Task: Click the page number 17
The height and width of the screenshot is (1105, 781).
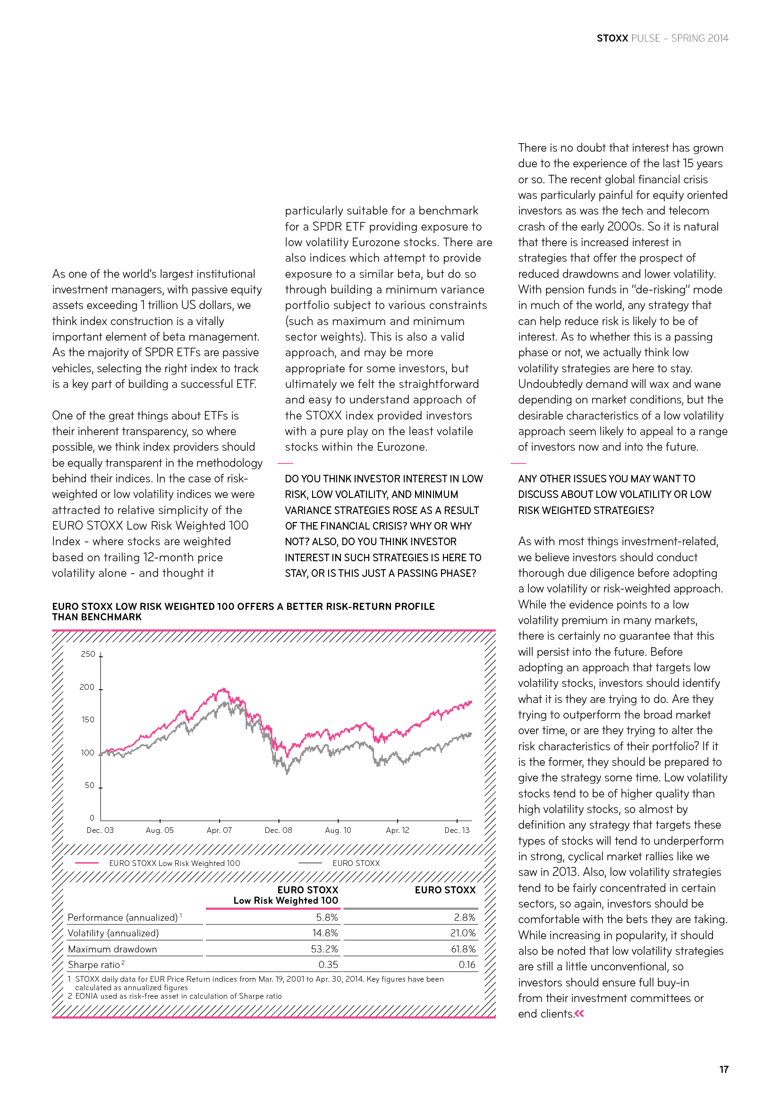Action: [x=723, y=1070]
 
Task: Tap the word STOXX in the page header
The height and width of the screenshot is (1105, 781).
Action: [x=612, y=38]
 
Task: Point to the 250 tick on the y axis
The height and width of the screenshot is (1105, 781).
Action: [x=88, y=654]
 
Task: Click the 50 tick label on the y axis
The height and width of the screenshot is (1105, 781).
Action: [x=89, y=786]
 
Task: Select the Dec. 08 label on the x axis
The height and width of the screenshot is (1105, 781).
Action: [x=279, y=830]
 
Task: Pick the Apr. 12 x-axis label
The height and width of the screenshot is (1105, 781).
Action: [x=397, y=830]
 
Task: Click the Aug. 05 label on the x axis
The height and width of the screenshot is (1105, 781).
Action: [x=160, y=830]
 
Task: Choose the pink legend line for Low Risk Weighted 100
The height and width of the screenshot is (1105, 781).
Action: [x=87, y=863]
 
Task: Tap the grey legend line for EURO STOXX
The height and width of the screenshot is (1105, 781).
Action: [x=310, y=863]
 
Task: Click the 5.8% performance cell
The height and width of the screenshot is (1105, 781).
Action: [x=327, y=917]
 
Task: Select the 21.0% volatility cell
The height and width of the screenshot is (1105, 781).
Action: [x=463, y=933]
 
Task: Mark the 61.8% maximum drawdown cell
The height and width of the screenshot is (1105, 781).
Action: [x=463, y=949]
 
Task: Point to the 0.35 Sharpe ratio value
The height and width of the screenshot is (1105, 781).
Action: [x=328, y=965]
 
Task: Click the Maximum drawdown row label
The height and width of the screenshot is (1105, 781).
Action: [x=112, y=949]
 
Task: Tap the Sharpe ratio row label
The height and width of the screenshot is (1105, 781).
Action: [x=94, y=965]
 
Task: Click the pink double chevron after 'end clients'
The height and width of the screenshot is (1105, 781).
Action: [x=579, y=1013]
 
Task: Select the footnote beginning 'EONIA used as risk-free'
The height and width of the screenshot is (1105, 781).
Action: [x=178, y=996]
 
